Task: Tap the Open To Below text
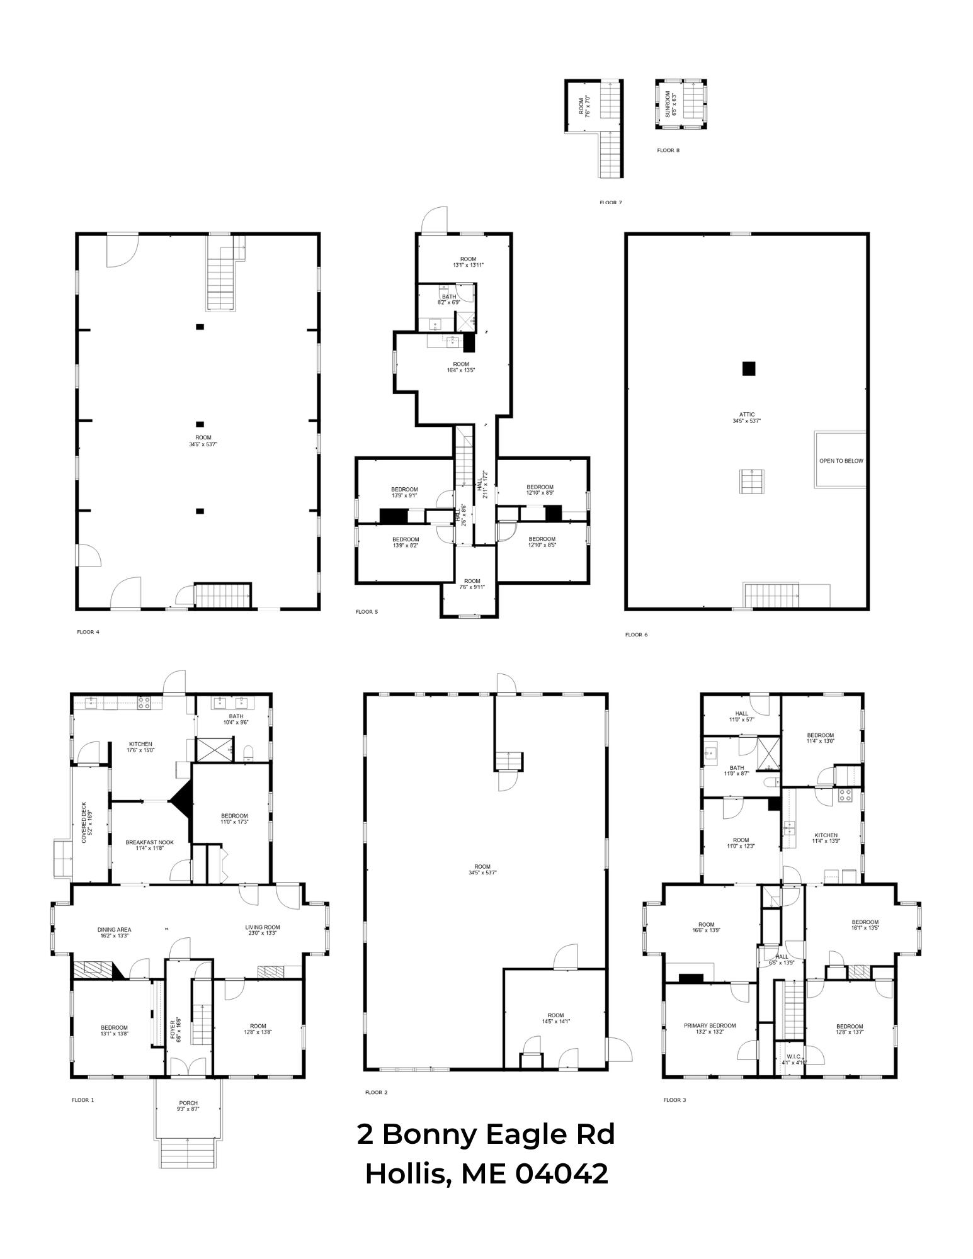click(x=841, y=461)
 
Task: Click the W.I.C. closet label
click(x=793, y=1059)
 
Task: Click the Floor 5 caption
click(x=367, y=611)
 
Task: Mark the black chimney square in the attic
click(x=748, y=368)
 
